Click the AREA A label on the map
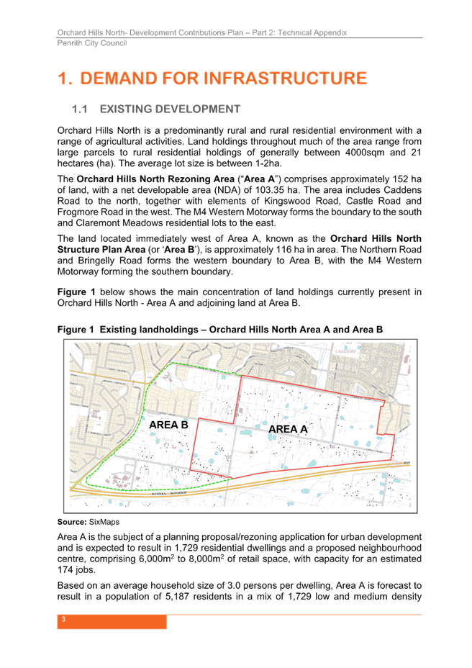pyautogui.click(x=288, y=430)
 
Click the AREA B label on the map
pyautogui.click(x=168, y=425)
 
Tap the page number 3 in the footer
pyautogui.click(x=63, y=620)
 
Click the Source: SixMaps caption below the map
pyautogui.click(x=88, y=520)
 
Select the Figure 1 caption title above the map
pyautogui.click(x=220, y=329)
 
